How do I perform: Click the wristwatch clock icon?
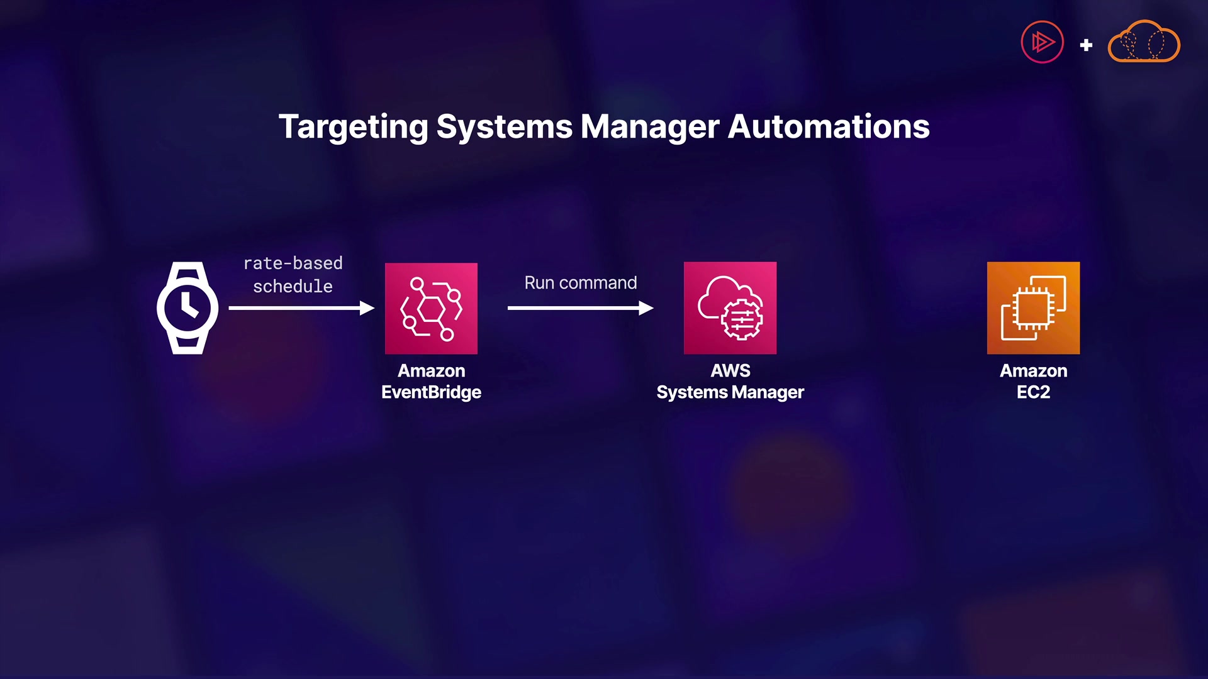(187, 307)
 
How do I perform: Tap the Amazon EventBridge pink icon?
(431, 308)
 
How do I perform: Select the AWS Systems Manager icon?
(730, 308)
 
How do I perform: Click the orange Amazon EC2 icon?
(1033, 308)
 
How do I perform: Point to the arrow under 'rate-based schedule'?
(301, 308)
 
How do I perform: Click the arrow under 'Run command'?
(580, 308)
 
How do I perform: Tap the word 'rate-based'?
(293, 263)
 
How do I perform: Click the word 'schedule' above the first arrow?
(293, 287)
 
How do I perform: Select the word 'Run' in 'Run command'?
(539, 283)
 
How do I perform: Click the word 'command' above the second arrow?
(598, 283)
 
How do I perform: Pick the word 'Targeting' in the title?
(354, 127)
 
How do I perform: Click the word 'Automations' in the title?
(829, 127)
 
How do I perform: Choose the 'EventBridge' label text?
(431, 392)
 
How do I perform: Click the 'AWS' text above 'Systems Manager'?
(730, 371)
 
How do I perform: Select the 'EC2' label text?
(1033, 392)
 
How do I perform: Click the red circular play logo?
(1042, 43)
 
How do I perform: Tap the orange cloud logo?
(1143, 43)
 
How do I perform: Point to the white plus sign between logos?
(1086, 45)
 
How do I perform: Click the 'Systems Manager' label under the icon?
(730, 392)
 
